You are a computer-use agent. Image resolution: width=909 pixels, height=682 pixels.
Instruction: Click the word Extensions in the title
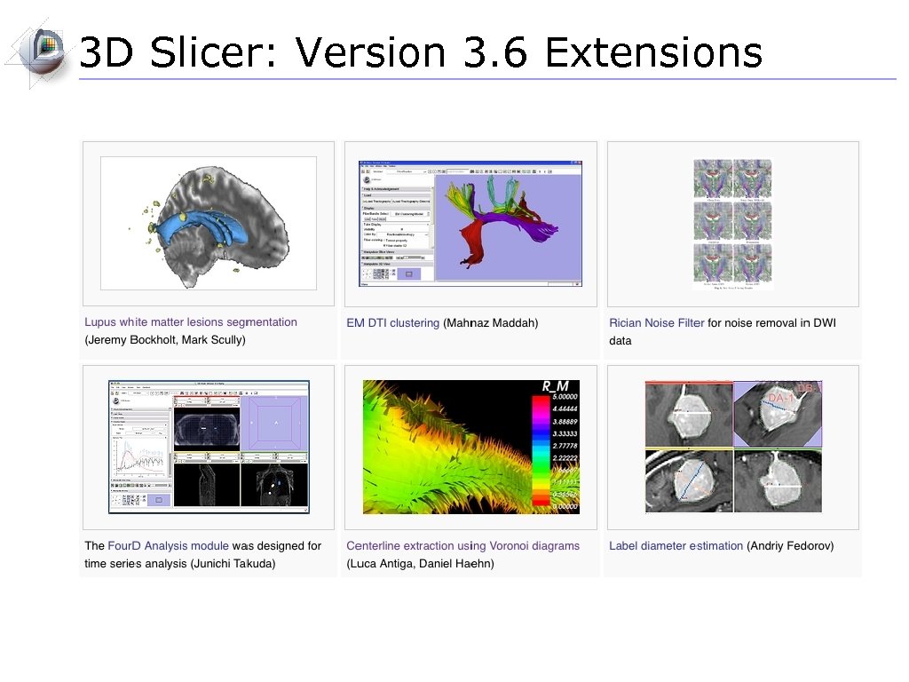coord(653,53)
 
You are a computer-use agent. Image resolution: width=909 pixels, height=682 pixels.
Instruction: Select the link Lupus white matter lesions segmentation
coord(191,322)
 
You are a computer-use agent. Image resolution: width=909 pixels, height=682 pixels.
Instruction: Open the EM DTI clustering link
coord(392,323)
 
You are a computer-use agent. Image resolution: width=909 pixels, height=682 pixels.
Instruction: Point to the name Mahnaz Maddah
coord(491,323)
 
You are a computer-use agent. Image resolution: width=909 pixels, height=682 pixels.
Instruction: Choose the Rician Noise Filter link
coord(656,323)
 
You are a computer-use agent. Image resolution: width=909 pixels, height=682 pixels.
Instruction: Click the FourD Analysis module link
coord(168,546)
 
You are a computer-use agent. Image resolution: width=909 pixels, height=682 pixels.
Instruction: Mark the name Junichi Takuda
coord(233,564)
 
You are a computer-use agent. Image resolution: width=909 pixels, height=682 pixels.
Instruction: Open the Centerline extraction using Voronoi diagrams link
coord(462,546)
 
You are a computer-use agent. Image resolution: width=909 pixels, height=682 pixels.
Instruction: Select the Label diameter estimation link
coord(676,546)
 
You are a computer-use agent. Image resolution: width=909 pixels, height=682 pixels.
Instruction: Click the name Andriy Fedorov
coord(790,546)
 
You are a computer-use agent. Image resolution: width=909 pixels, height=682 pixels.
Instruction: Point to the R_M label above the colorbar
coord(556,386)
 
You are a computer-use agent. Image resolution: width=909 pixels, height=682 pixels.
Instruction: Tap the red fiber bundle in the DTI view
coord(470,240)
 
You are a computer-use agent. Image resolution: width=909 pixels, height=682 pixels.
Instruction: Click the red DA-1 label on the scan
coord(781,396)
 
